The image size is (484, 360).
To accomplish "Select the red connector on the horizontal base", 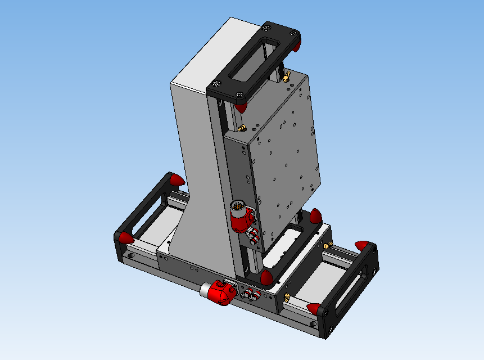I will click(221, 293).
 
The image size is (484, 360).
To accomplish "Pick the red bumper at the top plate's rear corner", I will click(296, 45).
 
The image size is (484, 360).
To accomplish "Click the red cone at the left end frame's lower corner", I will click(125, 237).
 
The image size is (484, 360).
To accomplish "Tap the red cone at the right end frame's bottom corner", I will click(313, 308).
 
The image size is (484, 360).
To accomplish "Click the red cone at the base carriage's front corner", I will click(266, 277).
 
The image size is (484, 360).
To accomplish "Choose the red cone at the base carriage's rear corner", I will click(315, 215).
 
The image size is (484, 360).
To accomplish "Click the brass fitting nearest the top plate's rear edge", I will click(286, 76).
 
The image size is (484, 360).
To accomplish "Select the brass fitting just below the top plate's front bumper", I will click(243, 128).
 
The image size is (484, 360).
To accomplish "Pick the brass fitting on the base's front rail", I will click(287, 296).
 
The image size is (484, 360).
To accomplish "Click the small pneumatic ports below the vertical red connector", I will click(254, 236).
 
